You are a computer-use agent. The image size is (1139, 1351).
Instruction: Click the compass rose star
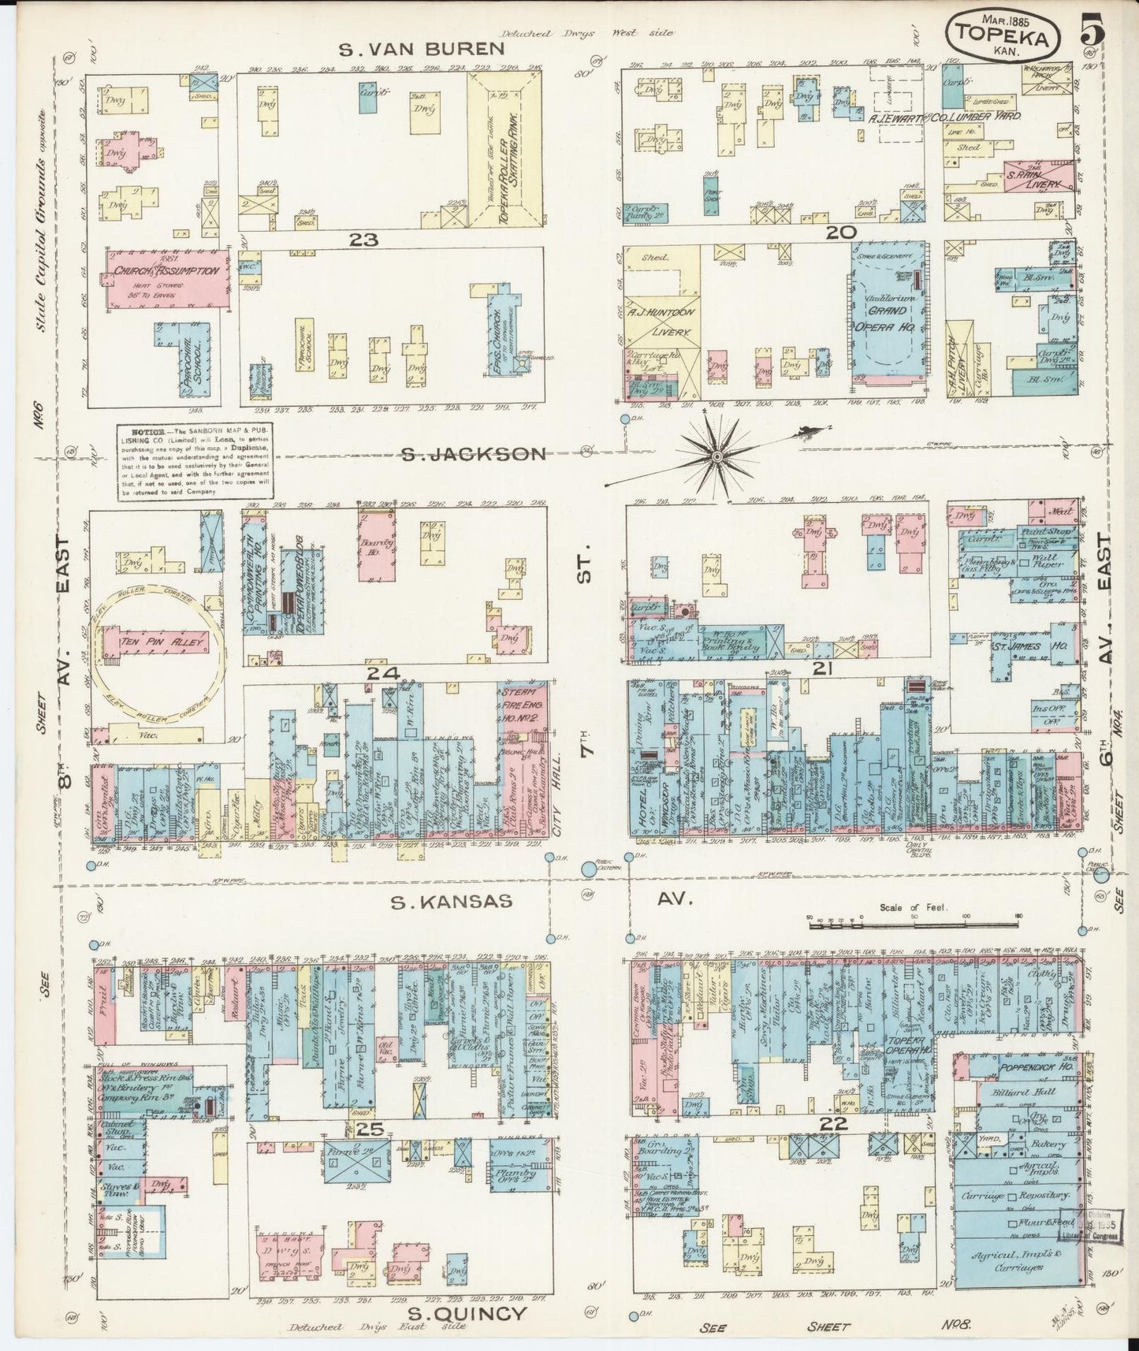[x=719, y=456]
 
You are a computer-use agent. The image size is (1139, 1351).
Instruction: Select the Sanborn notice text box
[x=195, y=462]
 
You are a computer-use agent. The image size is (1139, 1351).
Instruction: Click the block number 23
[x=364, y=239]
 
